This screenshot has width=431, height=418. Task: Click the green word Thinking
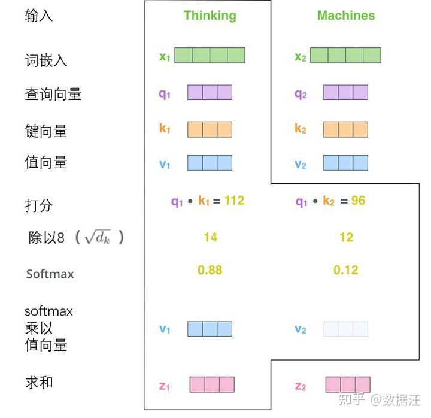pos(210,16)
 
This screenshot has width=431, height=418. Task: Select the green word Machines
pos(346,16)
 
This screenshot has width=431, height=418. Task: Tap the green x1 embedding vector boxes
pos(210,55)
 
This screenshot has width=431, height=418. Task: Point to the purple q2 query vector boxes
pos(345,92)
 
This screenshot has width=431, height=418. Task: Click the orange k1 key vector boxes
pos(210,129)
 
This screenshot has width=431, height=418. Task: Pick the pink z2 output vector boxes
pos(348,384)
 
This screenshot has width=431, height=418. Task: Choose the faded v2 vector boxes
pos(345,329)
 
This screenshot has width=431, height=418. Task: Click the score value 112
pos(234,201)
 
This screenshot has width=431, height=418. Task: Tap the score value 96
pos(358,201)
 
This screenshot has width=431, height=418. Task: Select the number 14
pos(210,237)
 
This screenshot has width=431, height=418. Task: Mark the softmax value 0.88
pos(210,270)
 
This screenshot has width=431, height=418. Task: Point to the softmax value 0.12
pos(346,270)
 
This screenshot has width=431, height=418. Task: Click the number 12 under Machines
pos(347,237)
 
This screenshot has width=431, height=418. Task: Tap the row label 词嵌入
pos(46,60)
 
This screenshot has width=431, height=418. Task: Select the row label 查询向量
pos(53,94)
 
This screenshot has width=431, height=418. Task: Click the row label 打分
pos(39,205)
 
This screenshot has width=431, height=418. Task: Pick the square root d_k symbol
pos(98,237)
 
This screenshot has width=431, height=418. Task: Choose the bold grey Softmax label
pos(50,274)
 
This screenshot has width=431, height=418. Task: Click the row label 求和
pos(39,383)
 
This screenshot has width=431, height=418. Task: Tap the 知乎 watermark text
pos(351,399)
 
